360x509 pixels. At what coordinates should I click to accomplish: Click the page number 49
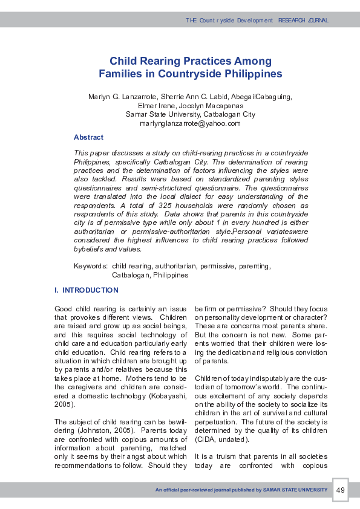pos(340,490)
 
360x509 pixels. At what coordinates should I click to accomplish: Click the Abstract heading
pos(88,137)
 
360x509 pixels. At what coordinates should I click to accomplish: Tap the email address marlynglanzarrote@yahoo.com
pos(190,123)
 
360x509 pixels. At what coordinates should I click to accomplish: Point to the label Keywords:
pos(91,266)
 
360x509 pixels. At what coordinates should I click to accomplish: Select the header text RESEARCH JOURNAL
pos(303,21)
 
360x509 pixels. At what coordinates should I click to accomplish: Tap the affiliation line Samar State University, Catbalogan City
pos(190,114)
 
